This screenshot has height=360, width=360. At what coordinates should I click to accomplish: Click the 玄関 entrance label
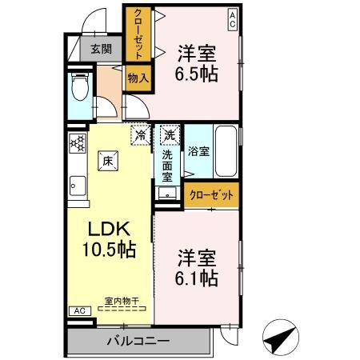click(101, 49)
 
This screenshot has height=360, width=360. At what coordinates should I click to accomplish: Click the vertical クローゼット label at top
click(138, 35)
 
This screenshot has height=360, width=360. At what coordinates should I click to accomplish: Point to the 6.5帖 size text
click(197, 74)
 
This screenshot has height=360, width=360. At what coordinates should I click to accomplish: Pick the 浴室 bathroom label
click(198, 150)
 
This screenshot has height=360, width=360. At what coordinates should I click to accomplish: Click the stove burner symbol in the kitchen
click(78, 144)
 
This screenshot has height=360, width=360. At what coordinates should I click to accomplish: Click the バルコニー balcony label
click(138, 342)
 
